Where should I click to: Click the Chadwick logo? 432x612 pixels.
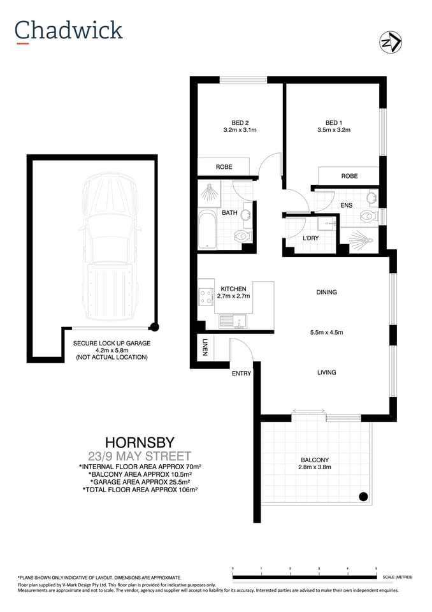68,30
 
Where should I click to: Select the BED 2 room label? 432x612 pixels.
240,123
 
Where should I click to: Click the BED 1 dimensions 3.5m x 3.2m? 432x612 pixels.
334,130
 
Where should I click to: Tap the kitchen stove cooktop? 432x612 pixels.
206,296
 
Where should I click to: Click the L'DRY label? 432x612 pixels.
310,238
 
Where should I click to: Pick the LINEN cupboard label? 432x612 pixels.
205,348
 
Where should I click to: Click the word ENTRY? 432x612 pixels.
241,374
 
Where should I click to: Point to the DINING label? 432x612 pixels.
326,293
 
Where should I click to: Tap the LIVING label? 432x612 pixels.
326,372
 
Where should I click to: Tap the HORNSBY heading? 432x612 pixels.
139,441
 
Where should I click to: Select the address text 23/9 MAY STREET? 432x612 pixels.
139,456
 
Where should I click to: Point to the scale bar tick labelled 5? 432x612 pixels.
376,568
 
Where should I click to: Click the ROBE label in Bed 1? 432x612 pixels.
349,176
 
